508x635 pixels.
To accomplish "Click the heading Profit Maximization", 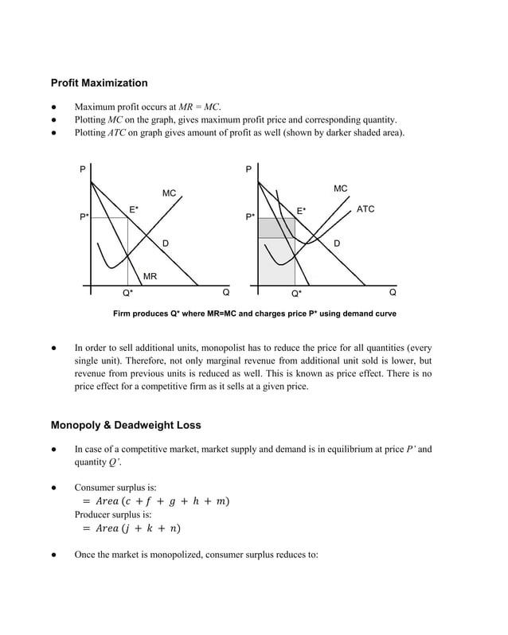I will point(99,83).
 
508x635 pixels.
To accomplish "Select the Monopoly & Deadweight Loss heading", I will point(126,425).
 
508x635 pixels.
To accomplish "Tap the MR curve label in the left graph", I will point(150,276).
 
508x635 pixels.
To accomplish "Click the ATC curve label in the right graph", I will point(365,209).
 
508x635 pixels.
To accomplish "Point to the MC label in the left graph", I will point(169,193).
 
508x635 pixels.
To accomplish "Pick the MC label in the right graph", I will point(340,189).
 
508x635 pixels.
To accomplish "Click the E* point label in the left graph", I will point(134,209).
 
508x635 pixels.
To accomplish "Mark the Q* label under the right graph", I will point(295,293).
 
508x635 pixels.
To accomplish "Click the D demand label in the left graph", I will point(165,242).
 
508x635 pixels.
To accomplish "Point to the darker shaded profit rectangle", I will point(275,228).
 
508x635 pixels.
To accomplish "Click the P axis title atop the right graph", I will point(249,169).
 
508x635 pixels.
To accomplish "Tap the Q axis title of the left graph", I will point(226,292).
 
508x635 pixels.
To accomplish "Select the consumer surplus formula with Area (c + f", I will point(156,501).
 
